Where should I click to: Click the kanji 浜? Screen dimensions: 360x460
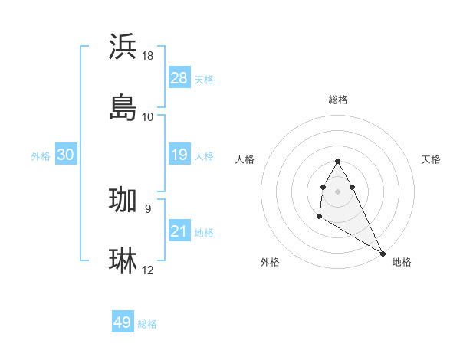[123, 47]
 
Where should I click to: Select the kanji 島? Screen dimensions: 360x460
[123, 108]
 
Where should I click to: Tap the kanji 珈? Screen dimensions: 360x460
[123, 200]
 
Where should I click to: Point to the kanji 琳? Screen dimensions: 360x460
[123, 261]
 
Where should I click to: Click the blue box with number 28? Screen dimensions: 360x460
[179, 78]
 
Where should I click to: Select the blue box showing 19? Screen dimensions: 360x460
[179, 155]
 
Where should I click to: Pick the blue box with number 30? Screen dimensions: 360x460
[66, 155]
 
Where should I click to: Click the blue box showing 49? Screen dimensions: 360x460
[123, 322]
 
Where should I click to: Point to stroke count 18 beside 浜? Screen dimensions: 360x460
[148, 55]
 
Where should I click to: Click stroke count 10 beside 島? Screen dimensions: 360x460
[148, 116]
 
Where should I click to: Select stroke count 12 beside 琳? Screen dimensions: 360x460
[148, 270]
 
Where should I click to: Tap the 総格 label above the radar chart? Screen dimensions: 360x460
[338, 100]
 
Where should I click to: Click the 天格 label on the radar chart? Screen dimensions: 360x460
[431, 159]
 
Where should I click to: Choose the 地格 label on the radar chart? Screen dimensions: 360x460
[402, 262]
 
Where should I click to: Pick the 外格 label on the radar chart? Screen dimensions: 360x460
[270, 262]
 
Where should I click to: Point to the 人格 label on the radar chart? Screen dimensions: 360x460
[245, 159]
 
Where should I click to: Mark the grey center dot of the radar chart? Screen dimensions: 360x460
[338, 190]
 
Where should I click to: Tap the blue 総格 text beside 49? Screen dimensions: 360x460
[147, 324]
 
